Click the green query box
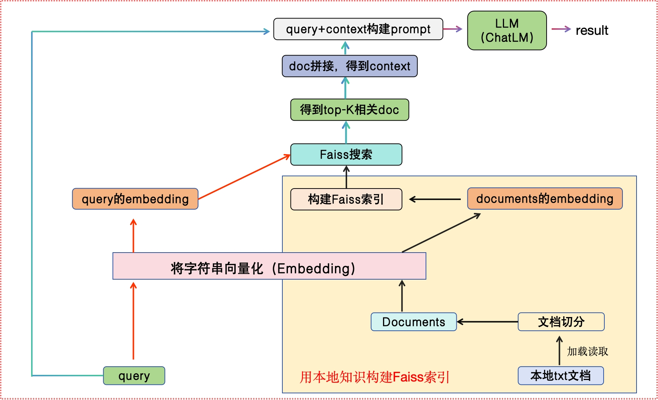pos(134,376)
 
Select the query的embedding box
pos(135,199)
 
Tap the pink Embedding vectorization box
pos(269,266)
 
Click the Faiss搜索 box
pos(346,154)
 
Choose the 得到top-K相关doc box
pos(349,110)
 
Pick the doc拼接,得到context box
pos(349,66)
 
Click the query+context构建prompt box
pos(358,29)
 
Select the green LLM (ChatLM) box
pos(507,30)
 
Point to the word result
pos(592,30)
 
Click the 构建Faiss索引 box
pos(346,199)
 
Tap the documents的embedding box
pos(545,199)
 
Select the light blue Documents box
pos(413,322)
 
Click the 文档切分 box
pos(561,322)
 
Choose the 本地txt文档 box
pos(561,376)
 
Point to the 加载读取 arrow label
pos(587,351)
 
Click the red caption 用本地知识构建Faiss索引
pos(374,377)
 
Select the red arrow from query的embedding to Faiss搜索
pos(244,177)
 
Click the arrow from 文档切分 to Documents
pos(487,322)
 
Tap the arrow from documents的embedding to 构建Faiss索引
pos(435,199)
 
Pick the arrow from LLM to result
pos(561,29)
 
